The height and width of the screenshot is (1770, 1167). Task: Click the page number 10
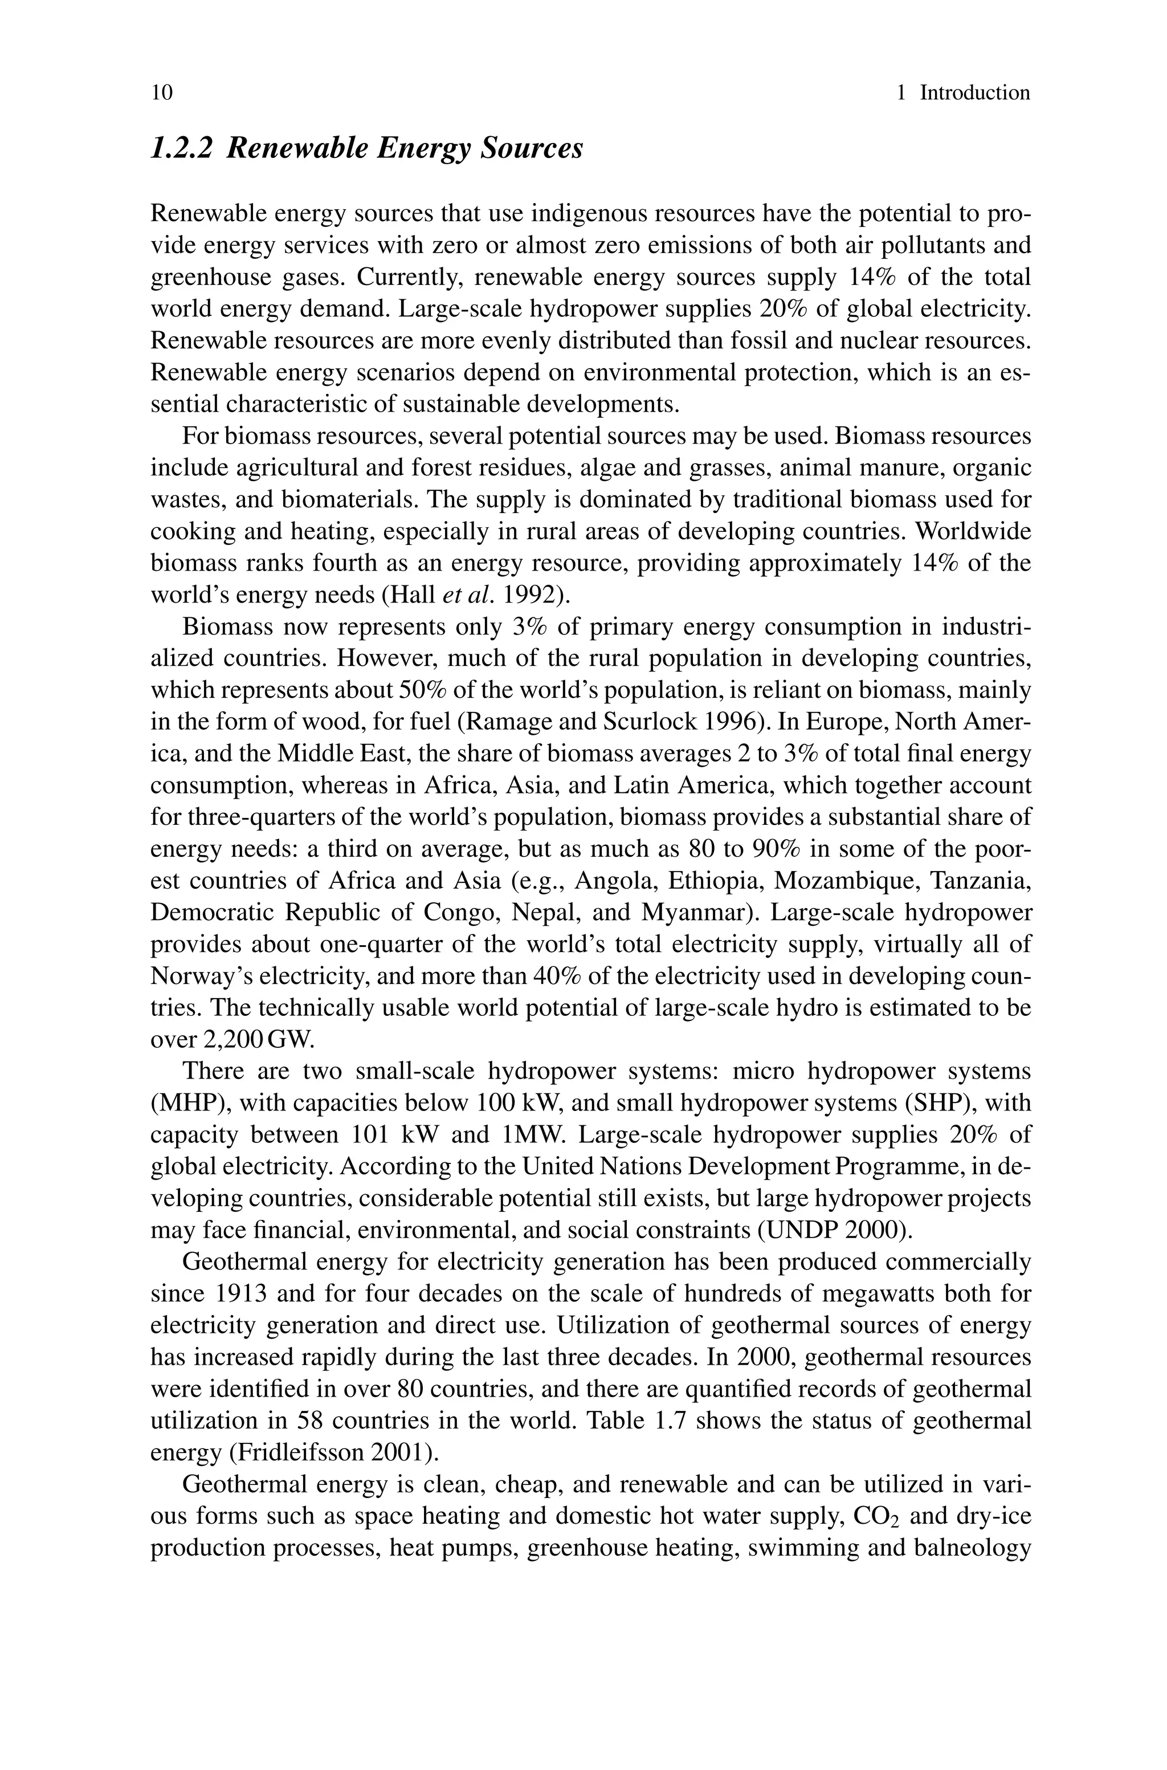point(161,92)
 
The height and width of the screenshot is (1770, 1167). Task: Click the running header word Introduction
point(974,92)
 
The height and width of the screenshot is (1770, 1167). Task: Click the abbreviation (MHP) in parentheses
point(188,1103)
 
